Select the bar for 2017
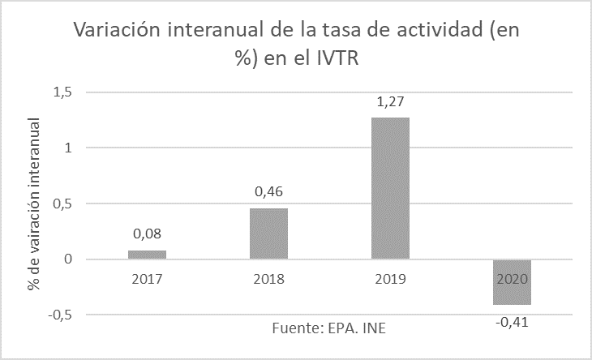[147, 255]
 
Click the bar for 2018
[268, 234]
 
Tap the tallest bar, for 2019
[390, 188]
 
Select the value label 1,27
[390, 103]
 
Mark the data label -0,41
[512, 321]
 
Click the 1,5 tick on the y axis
[62, 92]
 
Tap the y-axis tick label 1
[68, 148]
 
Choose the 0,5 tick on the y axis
[62, 204]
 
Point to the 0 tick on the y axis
[68, 259]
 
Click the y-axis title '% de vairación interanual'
[35, 204]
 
